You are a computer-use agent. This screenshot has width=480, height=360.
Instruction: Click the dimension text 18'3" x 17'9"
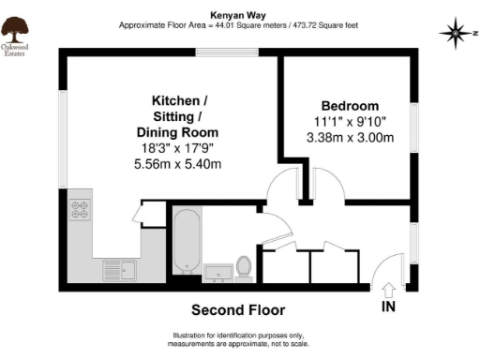click(x=180, y=149)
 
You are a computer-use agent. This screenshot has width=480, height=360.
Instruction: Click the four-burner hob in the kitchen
click(x=80, y=214)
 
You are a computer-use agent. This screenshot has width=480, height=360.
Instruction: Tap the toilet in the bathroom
click(x=245, y=267)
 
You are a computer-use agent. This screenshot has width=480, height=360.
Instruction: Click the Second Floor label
click(x=238, y=309)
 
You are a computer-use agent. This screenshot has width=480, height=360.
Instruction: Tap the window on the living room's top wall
click(x=217, y=53)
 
